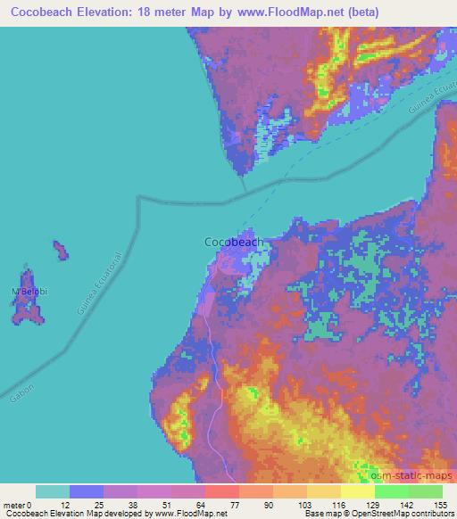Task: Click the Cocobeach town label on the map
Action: point(235,241)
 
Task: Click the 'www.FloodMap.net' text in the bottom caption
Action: point(195,514)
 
